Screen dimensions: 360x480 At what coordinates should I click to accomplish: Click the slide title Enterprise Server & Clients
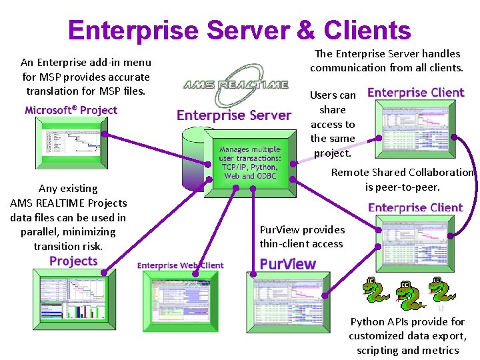pos(239,31)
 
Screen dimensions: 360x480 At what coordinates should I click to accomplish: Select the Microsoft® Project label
pos(71,110)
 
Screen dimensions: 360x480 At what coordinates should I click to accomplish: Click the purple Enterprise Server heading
pos(234,115)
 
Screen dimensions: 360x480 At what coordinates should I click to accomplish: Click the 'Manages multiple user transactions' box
pos(250,163)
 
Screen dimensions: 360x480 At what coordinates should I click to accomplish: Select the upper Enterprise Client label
pos(415,93)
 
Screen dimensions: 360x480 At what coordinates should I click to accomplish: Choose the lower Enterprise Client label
pos(415,207)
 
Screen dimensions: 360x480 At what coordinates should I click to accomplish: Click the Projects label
pos(73,261)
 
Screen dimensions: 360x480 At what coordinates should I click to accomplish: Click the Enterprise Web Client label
pos(181,265)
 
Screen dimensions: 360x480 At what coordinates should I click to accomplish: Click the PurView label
pos(287,264)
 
